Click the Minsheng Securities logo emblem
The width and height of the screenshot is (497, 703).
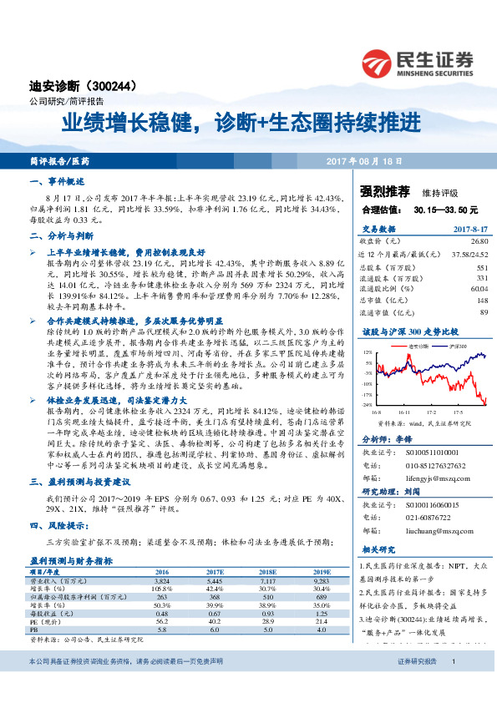coord(378,61)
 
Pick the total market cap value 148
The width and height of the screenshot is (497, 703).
coord(482,300)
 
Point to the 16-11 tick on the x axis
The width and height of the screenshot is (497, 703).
coord(403,412)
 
